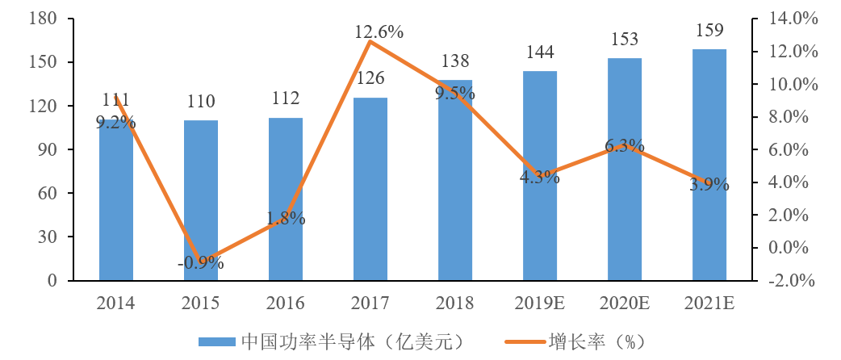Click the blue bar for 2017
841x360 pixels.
(370, 190)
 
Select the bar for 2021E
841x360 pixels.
(709, 165)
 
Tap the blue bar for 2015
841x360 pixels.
(201, 201)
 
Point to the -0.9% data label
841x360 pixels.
(201, 263)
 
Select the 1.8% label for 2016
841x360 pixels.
(286, 218)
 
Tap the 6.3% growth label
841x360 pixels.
(625, 146)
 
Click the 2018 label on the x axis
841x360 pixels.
(455, 303)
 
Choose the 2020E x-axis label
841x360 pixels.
(625, 303)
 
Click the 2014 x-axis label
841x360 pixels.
(116, 303)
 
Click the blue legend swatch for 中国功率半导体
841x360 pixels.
(216, 341)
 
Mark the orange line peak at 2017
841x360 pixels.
(370, 40)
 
